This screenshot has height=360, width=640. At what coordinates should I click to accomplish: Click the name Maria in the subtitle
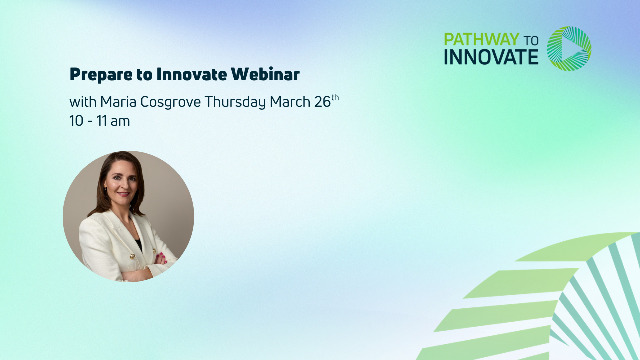click(x=116, y=102)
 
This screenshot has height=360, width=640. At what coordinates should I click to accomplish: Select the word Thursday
click(x=235, y=102)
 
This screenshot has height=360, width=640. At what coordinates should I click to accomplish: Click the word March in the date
click(x=290, y=102)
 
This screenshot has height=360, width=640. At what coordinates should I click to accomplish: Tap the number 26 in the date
click(x=322, y=102)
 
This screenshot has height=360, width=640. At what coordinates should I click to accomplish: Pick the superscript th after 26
click(x=335, y=97)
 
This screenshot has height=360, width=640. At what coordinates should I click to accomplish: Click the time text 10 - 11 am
click(x=99, y=121)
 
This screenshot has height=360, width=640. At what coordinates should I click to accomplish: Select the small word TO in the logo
click(x=531, y=40)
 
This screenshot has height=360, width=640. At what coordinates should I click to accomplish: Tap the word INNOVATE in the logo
click(x=491, y=57)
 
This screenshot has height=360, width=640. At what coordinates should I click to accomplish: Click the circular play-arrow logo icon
click(x=569, y=48)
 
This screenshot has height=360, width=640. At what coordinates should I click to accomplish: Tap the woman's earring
click(x=106, y=191)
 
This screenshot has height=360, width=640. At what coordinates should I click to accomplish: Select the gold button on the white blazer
click(x=132, y=256)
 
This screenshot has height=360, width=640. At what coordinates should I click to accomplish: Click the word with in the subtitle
click(x=83, y=102)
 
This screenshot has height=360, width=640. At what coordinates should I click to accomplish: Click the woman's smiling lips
click(x=123, y=194)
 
